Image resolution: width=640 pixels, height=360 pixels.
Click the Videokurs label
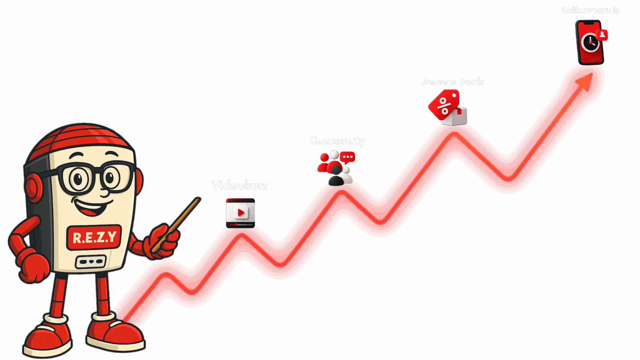pos(240,185)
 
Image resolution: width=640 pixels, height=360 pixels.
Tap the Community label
pos(337,141)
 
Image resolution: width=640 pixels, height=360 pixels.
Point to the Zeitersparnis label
pos(590,10)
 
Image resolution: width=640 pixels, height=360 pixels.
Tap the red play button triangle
pos(241,212)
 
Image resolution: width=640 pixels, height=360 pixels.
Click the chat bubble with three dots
pos(347,157)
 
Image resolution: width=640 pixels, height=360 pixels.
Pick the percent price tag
pos(443,104)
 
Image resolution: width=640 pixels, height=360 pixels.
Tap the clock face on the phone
pos(589,42)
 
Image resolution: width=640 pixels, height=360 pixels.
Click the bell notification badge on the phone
pos(602,35)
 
